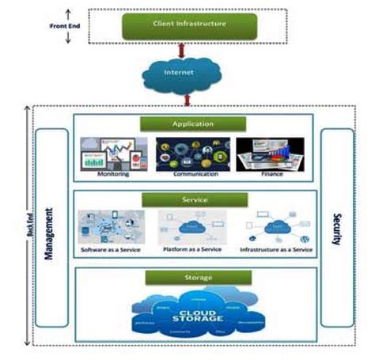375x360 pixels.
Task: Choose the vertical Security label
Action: pyautogui.click(x=336, y=229)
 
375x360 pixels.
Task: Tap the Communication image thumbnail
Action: pyautogui.click(x=193, y=153)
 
